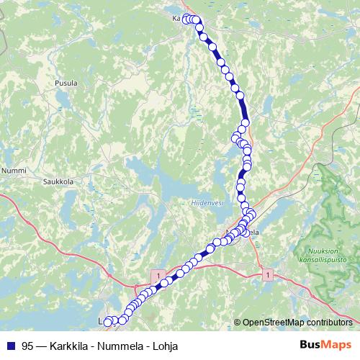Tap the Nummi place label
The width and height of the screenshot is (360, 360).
point(14,171)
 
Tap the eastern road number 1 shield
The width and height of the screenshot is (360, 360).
point(268,275)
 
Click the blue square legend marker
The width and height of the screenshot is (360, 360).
point(10,346)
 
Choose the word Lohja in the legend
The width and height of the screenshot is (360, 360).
point(165,346)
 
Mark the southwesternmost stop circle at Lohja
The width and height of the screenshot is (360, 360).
point(109,323)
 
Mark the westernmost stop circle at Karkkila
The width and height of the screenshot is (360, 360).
point(186,19)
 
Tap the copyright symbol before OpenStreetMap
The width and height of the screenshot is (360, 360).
point(238,323)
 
